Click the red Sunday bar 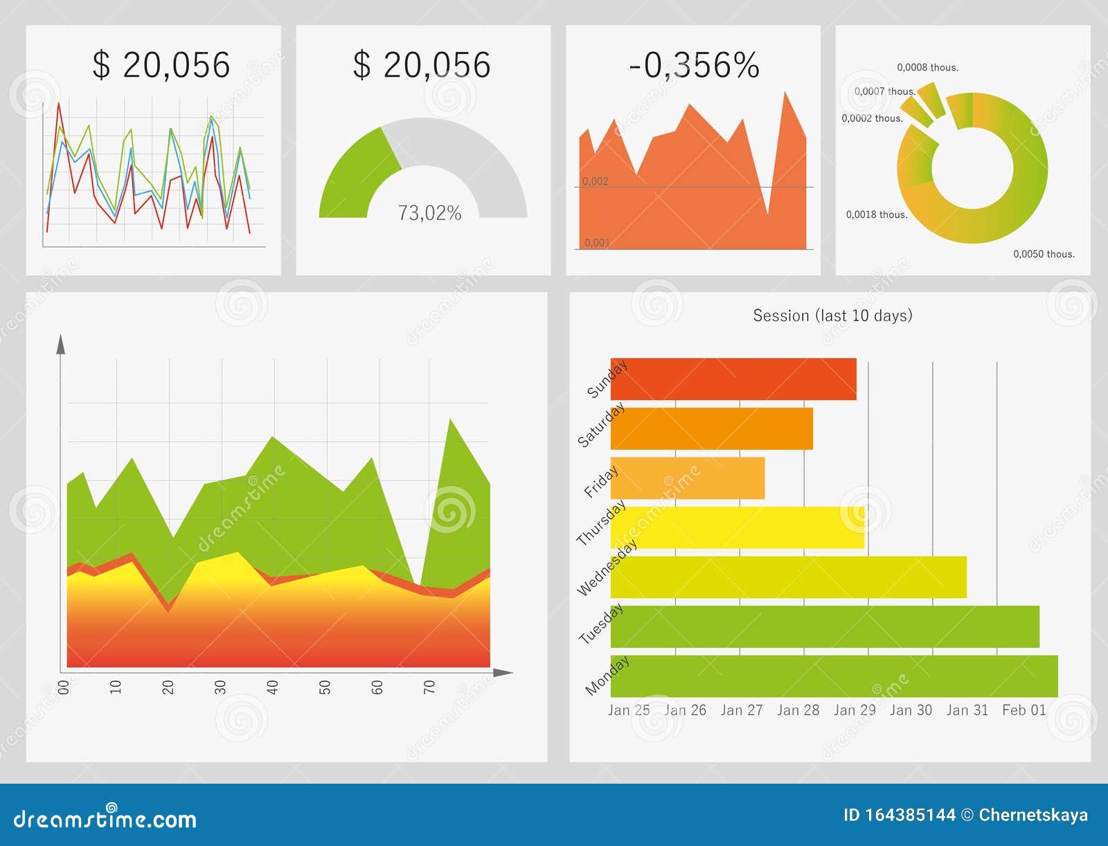tap(733, 379)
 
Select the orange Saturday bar tap(711, 429)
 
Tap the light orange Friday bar tap(687, 478)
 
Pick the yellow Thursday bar tap(737, 528)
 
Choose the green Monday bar tap(834, 676)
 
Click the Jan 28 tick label tap(798, 710)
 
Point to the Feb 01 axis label tap(1024, 710)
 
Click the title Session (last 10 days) tap(832, 316)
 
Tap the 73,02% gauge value tap(429, 213)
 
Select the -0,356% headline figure tap(693, 66)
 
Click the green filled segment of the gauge tap(353, 177)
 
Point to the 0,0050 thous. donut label tap(1044, 254)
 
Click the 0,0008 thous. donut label tap(927, 68)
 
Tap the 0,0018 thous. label tap(876, 215)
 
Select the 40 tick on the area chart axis tap(272, 687)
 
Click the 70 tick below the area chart tap(429, 687)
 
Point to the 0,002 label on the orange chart tap(596, 181)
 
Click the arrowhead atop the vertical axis tap(60, 344)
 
